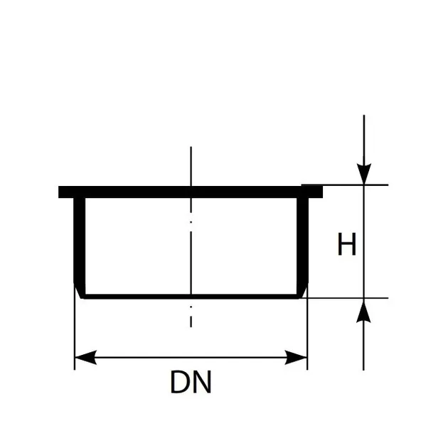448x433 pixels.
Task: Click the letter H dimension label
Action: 347,244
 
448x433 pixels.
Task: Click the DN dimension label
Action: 191,382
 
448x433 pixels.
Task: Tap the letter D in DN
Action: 179,382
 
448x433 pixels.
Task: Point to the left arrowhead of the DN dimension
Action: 85,357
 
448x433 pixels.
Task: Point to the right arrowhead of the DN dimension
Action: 296,357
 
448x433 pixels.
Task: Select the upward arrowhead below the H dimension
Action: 363,311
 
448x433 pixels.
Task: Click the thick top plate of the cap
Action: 191,192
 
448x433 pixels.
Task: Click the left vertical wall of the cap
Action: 80,246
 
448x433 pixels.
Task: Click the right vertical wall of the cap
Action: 302,246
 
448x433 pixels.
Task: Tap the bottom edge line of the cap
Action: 191,297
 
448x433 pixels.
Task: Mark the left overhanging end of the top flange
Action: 65,192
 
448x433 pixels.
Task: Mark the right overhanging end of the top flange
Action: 316,192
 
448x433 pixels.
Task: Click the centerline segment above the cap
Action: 191,166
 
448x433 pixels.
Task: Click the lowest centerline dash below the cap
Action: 191,321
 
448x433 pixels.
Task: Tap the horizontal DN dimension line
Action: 191,357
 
